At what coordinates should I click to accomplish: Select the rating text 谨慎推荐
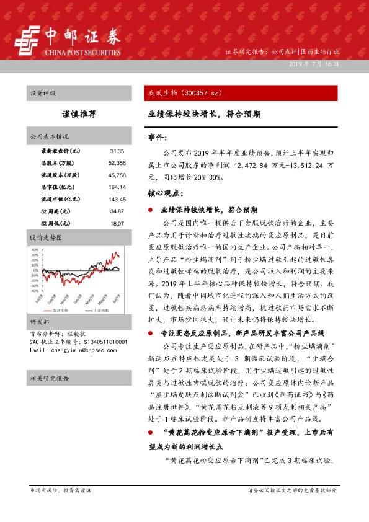tap(79, 114)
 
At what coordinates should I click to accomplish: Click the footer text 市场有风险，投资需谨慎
tap(60, 490)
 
